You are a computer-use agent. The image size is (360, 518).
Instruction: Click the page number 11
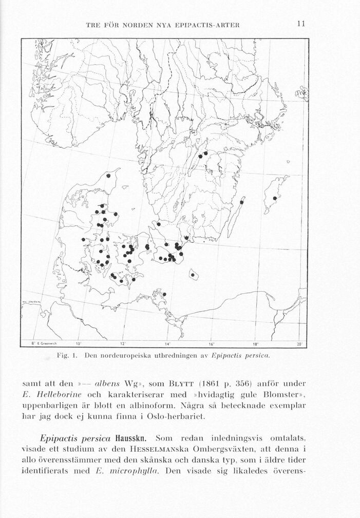coord(301,24)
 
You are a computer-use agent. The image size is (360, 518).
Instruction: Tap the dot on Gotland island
coord(275,198)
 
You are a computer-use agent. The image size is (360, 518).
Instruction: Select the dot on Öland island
coord(241,202)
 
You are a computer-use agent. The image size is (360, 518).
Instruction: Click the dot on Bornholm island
coord(193,275)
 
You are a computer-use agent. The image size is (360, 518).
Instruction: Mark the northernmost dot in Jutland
coord(108,176)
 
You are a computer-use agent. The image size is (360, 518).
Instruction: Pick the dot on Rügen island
coord(164,294)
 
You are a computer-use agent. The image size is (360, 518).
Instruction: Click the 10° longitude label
coord(79,343)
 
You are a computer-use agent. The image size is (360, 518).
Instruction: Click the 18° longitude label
coord(256,343)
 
